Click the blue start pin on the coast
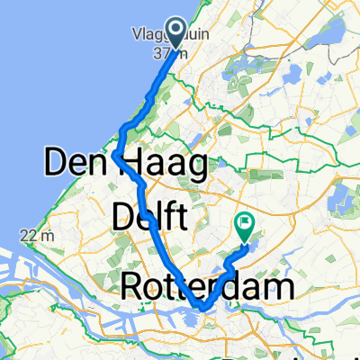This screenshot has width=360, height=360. tap(173, 34)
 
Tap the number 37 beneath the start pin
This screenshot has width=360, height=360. tap(162, 54)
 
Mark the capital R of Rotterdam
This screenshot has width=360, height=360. tap(131, 289)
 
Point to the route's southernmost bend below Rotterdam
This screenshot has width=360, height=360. tap(205, 309)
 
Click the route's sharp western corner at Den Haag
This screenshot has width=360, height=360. tap(117, 156)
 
